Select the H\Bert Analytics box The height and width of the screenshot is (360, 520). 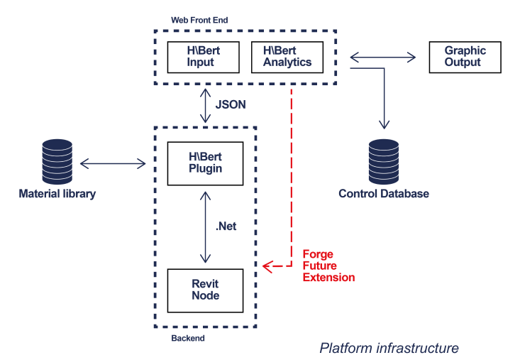click(287, 57)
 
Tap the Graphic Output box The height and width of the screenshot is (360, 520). click(465, 57)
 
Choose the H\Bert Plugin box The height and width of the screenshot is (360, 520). click(205, 163)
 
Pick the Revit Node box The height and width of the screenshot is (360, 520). click(205, 290)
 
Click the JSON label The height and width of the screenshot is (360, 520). click(231, 104)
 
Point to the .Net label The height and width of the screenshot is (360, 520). click(226, 227)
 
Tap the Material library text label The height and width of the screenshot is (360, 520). click(57, 194)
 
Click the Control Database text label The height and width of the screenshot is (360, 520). click(384, 194)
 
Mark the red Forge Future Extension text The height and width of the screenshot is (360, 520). click(328, 266)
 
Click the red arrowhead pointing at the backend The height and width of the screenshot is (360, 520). click(267, 266)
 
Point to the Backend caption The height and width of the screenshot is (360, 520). click(188, 339)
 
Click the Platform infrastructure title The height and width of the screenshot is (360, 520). click(389, 348)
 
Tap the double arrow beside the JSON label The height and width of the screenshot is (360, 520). click(206, 105)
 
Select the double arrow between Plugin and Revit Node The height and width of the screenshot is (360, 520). click(205, 227)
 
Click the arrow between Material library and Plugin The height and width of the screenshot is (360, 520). click(113, 164)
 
